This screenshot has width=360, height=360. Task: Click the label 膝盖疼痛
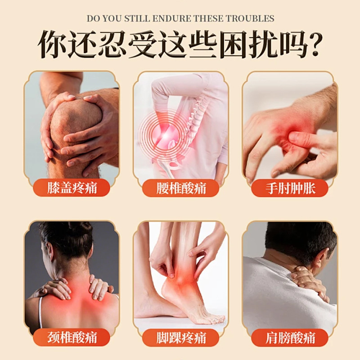(72, 188)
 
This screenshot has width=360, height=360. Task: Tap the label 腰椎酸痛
(181, 188)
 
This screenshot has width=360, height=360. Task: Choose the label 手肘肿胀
(290, 188)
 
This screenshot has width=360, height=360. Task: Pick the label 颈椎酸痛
(72, 337)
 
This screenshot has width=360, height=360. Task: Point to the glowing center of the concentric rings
(165, 134)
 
